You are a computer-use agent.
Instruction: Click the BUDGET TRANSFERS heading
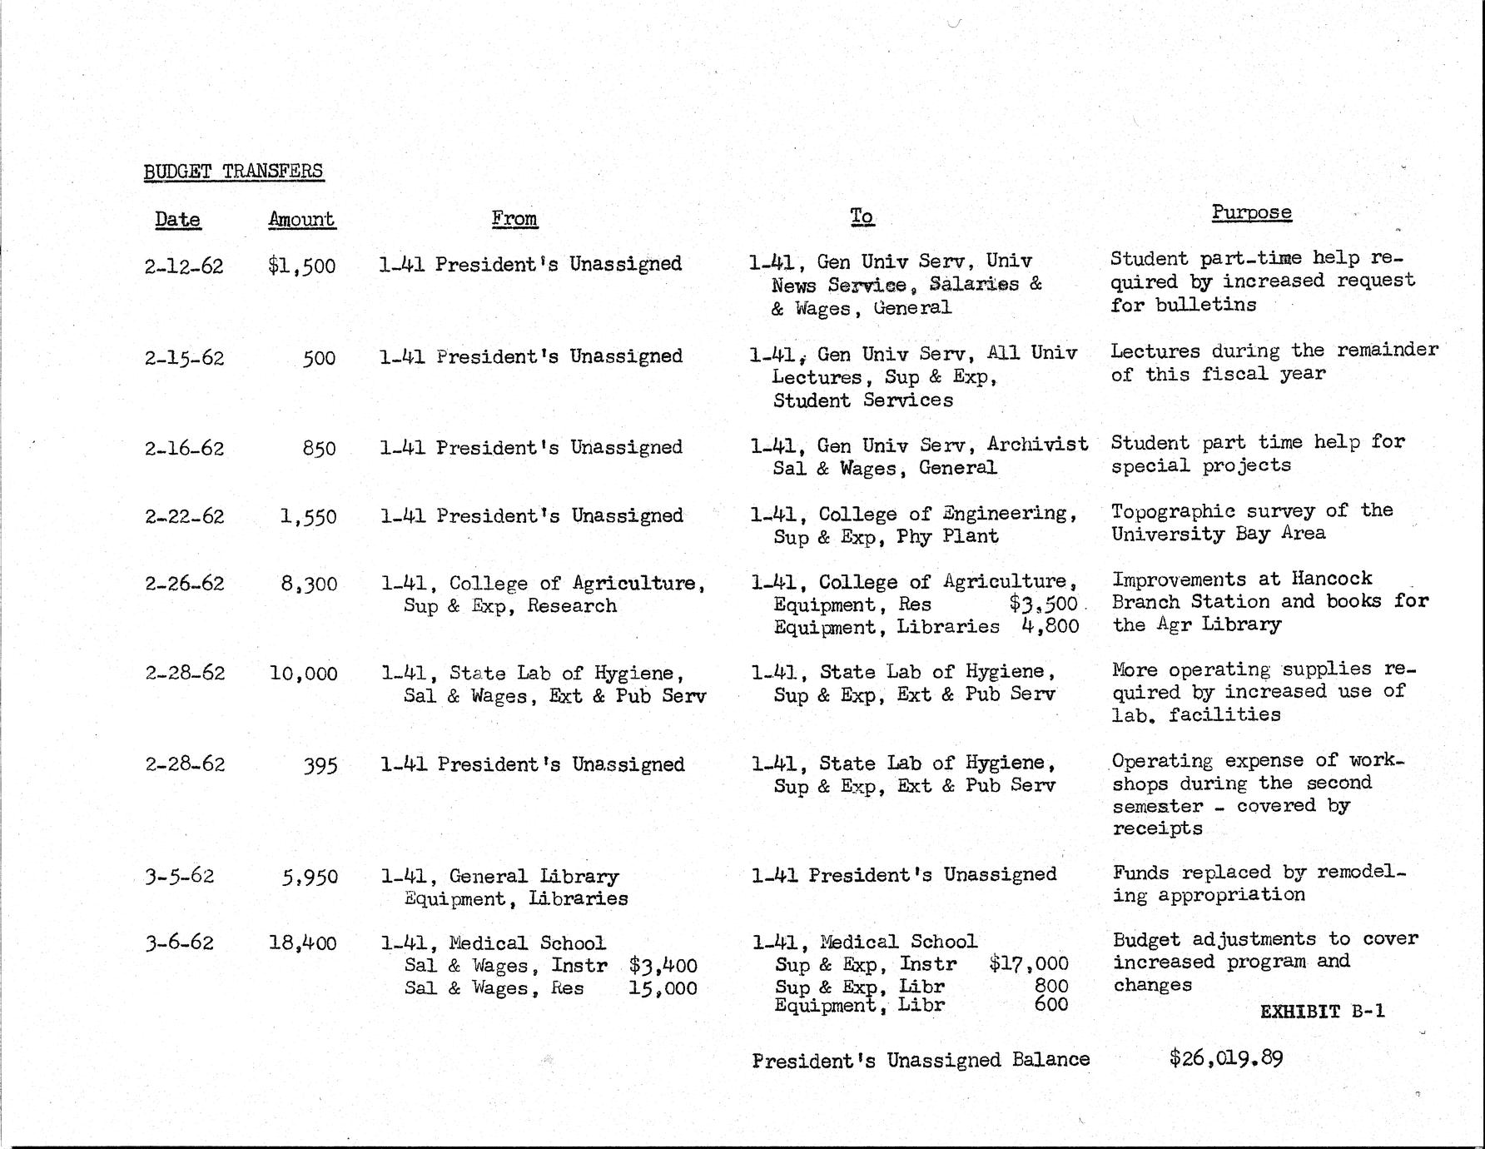233,172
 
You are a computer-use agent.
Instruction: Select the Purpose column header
1251,212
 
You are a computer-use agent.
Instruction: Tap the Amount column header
301,219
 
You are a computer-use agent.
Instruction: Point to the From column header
514,218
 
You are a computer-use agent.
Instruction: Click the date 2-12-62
184,266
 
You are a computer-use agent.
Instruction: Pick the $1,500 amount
301,266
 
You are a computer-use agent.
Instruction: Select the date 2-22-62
184,516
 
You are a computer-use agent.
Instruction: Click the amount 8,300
309,584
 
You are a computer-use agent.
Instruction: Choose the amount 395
320,765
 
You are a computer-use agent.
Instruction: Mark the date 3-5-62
179,876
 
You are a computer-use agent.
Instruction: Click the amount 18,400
303,943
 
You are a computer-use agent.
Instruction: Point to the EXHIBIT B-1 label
1322,1012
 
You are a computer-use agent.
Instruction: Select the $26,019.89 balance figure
1225,1059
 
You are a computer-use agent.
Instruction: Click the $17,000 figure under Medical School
1028,964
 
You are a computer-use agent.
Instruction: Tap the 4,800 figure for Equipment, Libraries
1050,626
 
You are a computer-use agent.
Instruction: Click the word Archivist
1037,444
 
